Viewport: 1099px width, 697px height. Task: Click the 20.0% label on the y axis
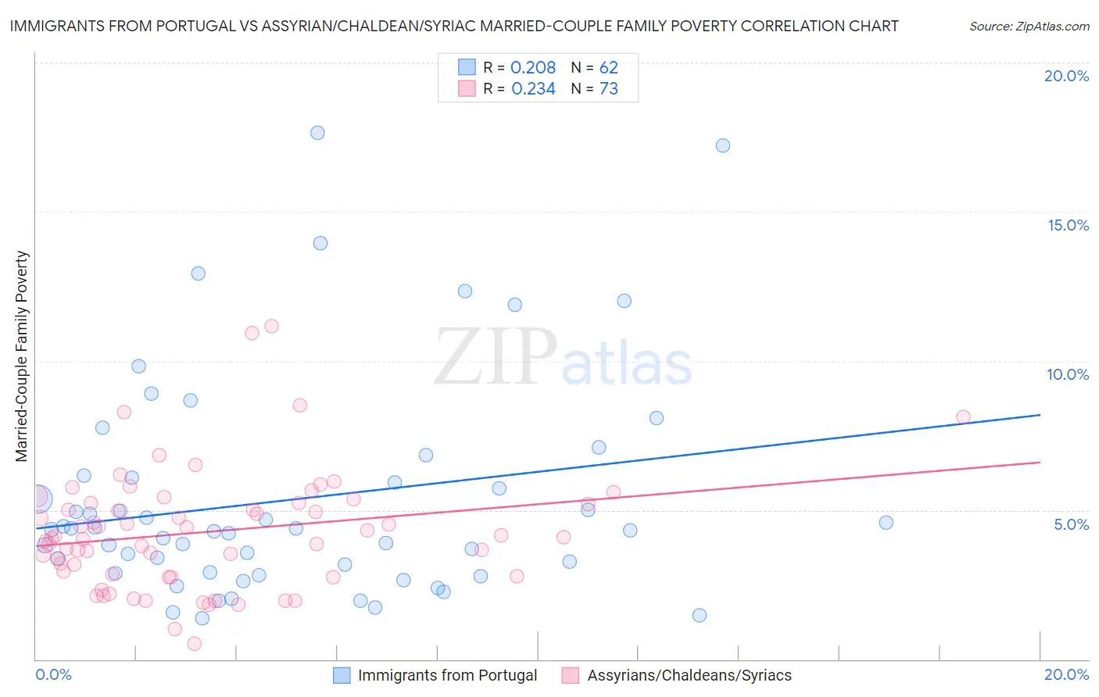(x=1066, y=76)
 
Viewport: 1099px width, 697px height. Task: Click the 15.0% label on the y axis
(x=1068, y=225)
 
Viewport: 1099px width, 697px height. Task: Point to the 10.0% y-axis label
(x=1068, y=374)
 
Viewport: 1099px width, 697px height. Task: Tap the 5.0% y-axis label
(x=1071, y=524)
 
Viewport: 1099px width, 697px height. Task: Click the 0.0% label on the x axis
(x=53, y=674)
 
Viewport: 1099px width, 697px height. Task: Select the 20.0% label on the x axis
(x=1066, y=674)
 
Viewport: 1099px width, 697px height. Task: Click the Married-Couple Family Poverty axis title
(x=22, y=356)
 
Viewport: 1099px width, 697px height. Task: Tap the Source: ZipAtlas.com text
(x=1029, y=26)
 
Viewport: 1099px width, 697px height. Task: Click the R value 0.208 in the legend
(x=532, y=68)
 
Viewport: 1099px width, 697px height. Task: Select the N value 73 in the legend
(x=608, y=89)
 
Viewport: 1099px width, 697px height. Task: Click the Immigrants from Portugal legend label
(x=447, y=675)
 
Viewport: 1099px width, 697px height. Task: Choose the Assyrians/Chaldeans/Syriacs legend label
(x=689, y=675)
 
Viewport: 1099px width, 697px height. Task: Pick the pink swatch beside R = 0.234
(x=467, y=88)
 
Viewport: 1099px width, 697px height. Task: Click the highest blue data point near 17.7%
(x=317, y=133)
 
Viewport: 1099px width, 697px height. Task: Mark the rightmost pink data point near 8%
(x=963, y=417)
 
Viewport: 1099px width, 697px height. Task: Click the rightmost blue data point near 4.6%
(x=886, y=523)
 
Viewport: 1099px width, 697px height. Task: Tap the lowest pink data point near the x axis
(x=195, y=643)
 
